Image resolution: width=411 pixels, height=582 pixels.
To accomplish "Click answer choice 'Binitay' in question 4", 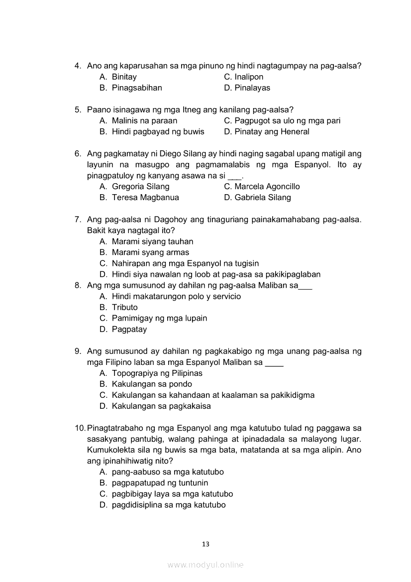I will click(x=124, y=77).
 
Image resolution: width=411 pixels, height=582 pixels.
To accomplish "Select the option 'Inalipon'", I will click(x=249, y=77).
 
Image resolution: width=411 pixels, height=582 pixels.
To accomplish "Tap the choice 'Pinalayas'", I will click(x=252, y=88).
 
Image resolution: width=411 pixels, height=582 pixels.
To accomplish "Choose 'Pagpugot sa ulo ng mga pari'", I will click(x=287, y=120).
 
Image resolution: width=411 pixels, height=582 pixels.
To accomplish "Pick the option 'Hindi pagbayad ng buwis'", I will click(x=158, y=131).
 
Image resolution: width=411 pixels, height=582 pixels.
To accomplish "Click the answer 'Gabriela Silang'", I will click(x=263, y=197).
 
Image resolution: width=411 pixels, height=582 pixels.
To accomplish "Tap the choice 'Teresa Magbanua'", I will click(x=145, y=197).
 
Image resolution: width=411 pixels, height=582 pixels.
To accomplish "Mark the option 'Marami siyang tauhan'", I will click(x=152, y=241).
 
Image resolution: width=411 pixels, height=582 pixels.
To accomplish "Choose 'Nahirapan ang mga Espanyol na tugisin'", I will click(x=185, y=263).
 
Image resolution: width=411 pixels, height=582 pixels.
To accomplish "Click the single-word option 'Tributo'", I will click(x=124, y=307).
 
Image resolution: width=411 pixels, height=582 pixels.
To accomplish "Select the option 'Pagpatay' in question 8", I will click(x=129, y=329).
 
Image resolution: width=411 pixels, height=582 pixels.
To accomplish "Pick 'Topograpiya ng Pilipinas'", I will click(x=157, y=373).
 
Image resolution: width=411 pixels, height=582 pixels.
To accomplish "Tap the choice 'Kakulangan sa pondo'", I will click(x=152, y=384).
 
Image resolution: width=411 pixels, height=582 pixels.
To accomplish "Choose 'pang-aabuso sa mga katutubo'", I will click(x=168, y=471).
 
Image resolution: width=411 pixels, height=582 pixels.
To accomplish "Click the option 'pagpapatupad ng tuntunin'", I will click(x=160, y=482).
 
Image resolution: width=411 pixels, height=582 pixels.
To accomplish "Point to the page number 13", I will click(x=205, y=544).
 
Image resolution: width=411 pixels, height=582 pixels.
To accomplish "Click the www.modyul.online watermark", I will click(x=205, y=565).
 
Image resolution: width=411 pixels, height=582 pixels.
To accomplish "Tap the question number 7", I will click(x=77, y=220).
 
